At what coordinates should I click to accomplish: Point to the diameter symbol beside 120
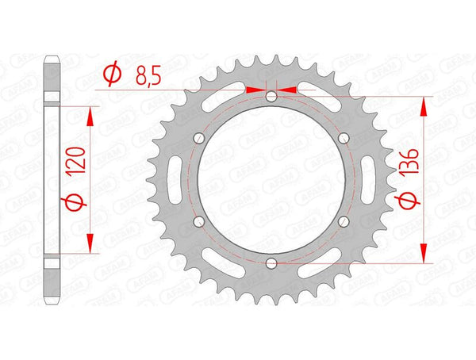point(76,204)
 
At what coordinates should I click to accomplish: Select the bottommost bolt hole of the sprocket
point(271,262)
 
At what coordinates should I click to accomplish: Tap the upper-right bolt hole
point(344,138)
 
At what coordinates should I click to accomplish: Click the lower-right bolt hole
point(344,221)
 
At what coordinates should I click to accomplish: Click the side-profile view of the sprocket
point(52,179)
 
